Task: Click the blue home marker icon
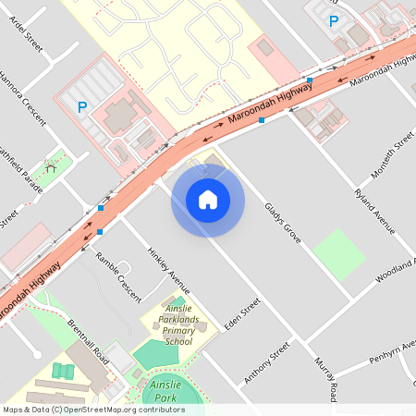(x=207, y=200)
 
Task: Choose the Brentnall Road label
(x=89, y=341)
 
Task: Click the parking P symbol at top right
(x=334, y=21)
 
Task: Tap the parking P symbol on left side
(x=81, y=107)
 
